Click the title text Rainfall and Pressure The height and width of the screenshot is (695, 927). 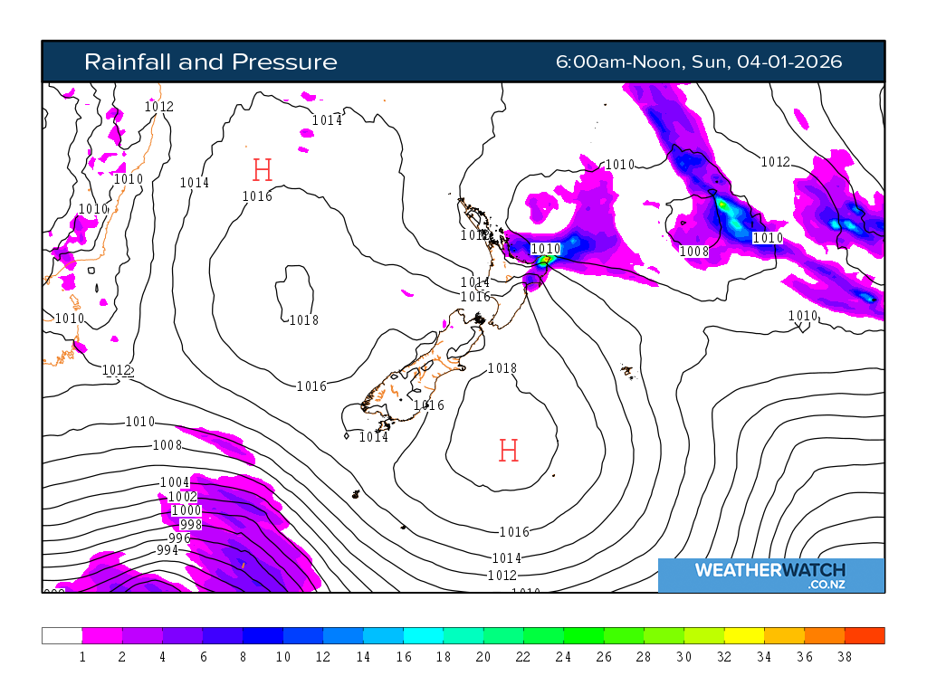pos(210,62)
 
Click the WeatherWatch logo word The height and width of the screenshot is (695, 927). pos(769,570)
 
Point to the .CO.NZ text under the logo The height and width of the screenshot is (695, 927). pos(827,586)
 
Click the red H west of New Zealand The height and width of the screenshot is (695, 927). pos(263,169)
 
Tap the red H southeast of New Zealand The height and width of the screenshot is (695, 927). pos(509,451)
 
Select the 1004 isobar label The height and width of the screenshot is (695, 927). pos(175,482)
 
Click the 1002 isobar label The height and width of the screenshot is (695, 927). pos(183,497)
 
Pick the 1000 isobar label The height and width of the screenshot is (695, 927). pos(186,511)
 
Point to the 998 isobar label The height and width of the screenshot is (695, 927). pos(191,525)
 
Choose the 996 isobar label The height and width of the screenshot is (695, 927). pos(179,538)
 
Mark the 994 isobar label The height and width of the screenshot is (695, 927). pos(167,550)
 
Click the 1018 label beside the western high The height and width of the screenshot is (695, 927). pos(303,319)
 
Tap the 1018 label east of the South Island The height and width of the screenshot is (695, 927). pos(502,368)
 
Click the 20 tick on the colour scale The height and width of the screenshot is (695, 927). pos(483,657)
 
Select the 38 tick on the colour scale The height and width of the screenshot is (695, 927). pos(845,657)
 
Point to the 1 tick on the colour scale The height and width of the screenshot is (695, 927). pos(82,657)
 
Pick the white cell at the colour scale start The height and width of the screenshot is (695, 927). pos(62,635)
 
